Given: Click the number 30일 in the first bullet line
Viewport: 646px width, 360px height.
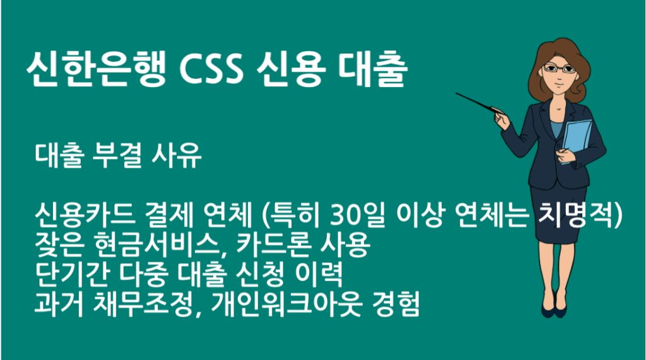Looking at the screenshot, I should [x=354, y=216].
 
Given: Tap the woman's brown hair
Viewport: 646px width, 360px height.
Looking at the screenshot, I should [x=577, y=69].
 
